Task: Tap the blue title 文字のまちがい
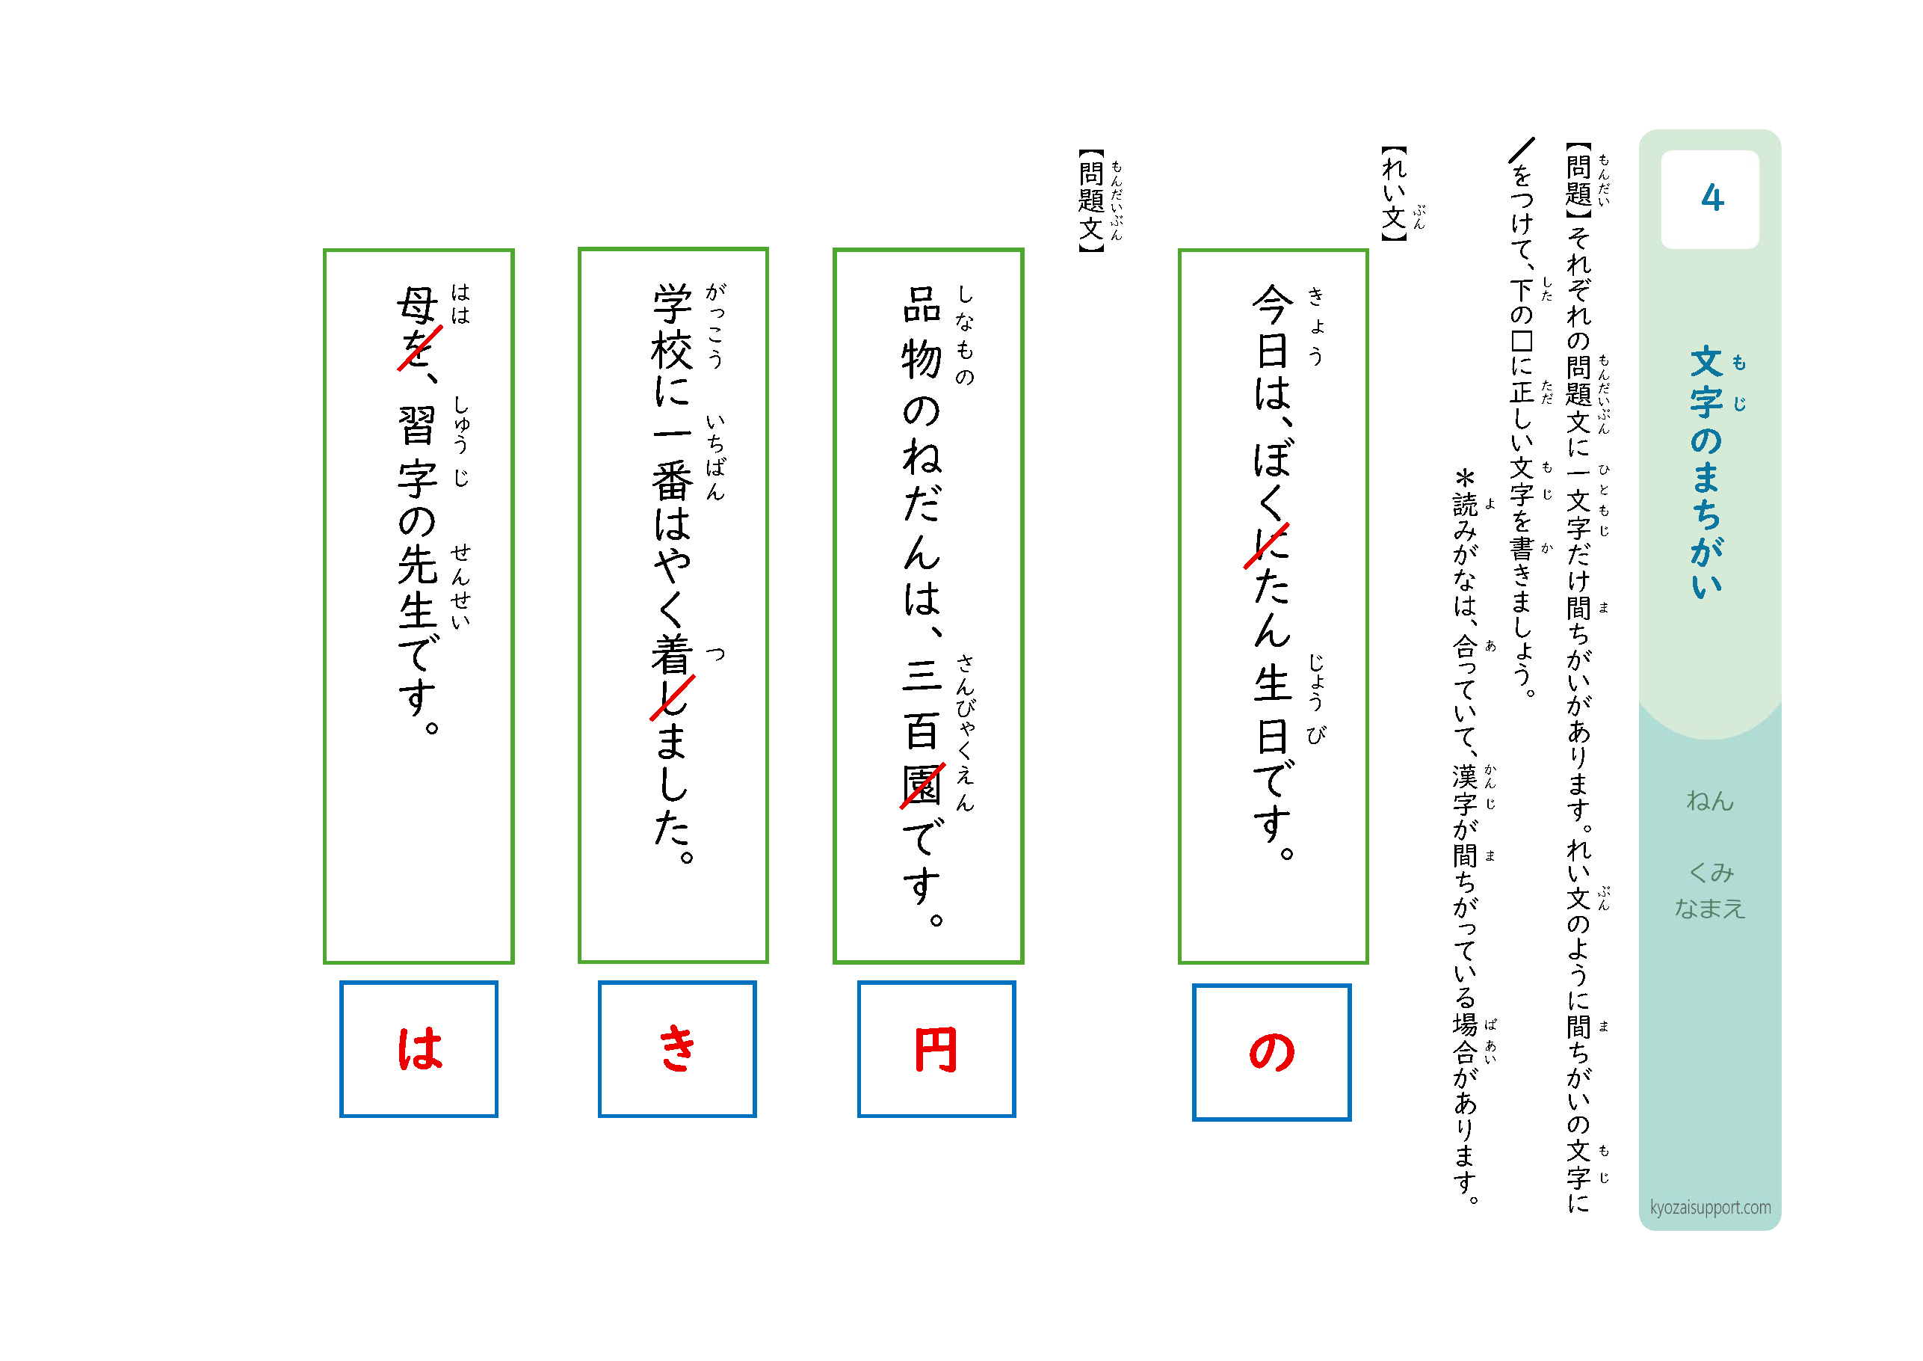click(1706, 472)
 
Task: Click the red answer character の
click(1271, 1051)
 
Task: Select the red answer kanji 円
click(936, 1050)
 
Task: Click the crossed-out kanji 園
click(922, 785)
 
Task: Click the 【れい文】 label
click(1394, 194)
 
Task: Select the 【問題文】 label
click(1091, 200)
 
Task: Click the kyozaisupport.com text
click(1709, 1207)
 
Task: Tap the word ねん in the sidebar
click(1709, 801)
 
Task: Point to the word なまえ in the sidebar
click(1709, 909)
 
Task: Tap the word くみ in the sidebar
click(1710, 873)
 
